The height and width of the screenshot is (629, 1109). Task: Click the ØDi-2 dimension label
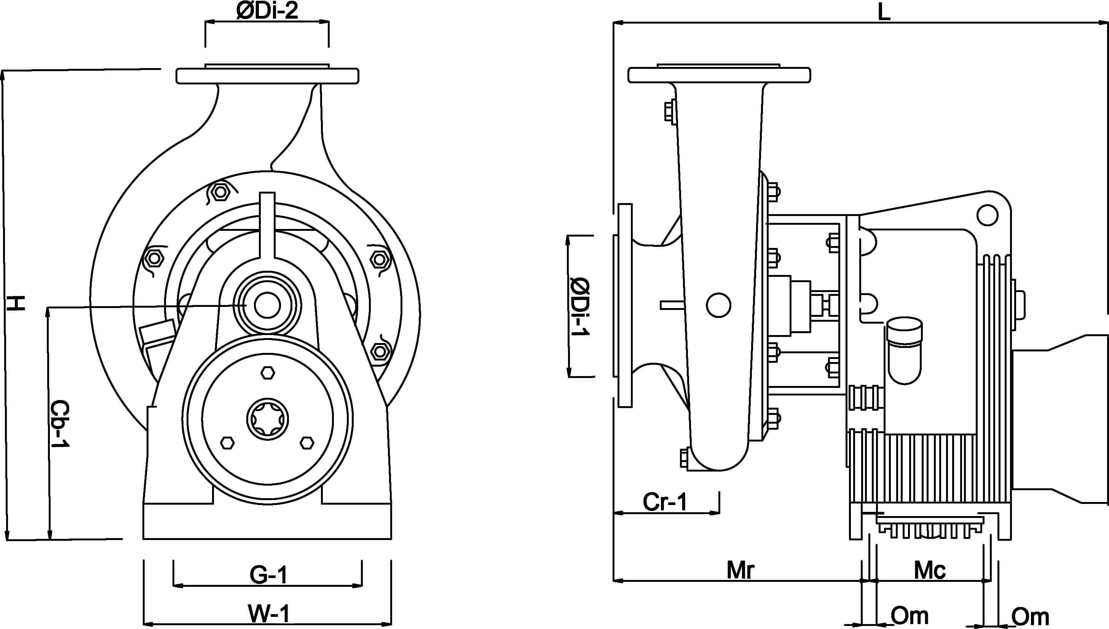[267, 11]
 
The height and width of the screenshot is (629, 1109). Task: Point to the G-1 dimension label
[268, 575]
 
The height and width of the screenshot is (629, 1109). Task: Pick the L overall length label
[884, 12]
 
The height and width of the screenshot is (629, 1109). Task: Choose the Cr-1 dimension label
[665, 502]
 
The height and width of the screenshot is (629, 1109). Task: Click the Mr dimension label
[740, 570]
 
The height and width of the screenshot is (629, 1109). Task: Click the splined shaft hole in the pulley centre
[268, 419]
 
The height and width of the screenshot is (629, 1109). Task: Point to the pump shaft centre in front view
[267, 305]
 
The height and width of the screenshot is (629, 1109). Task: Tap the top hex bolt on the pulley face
[268, 373]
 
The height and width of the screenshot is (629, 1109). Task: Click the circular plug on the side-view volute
[718, 305]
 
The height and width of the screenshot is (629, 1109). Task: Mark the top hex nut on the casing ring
[220, 192]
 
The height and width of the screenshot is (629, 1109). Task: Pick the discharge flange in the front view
[267, 76]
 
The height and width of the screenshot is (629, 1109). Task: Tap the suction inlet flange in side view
[625, 305]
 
